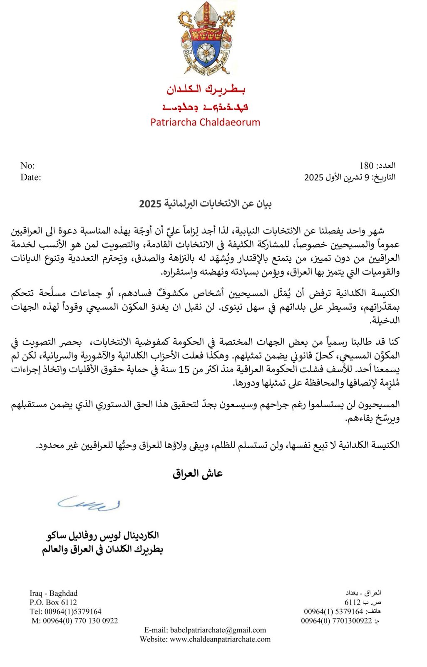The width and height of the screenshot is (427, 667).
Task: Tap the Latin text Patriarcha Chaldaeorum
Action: pyautogui.click(x=205, y=122)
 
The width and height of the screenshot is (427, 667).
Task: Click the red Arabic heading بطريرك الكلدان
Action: pyautogui.click(x=206, y=89)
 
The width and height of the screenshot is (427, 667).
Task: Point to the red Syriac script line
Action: pyautogui.click(x=206, y=107)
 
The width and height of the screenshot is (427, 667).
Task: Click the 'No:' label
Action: pyautogui.click(x=27, y=165)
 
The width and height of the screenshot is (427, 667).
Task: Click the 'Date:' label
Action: pyautogui.click(x=31, y=177)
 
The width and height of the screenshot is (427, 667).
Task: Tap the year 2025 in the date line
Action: pyautogui.click(x=314, y=177)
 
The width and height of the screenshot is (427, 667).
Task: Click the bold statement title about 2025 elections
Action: pyautogui.click(x=205, y=204)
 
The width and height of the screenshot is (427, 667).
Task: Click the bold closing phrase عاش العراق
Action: pyautogui.click(x=198, y=474)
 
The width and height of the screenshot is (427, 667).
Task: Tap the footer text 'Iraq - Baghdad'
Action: pyautogui.click(x=54, y=593)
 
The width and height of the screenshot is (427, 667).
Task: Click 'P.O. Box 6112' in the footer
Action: pyautogui.click(x=53, y=602)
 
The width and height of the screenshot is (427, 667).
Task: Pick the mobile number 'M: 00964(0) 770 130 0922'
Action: pyautogui.click(x=75, y=621)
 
